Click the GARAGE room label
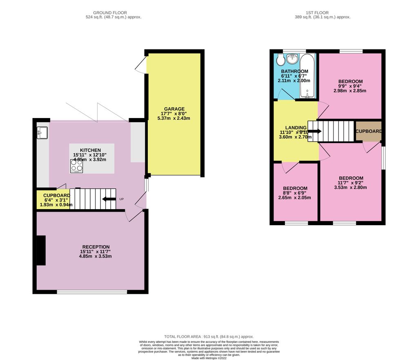[x=175, y=109]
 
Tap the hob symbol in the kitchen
[x=76, y=166]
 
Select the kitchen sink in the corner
[x=42, y=133]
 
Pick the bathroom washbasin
[x=292, y=60]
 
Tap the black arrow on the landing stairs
[x=315, y=131]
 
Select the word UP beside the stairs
[x=121, y=199]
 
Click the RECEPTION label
[x=96, y=247]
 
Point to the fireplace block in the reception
[x=41, y=250]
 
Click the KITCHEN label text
[x=90, y=150]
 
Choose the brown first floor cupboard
[x=369, y=131]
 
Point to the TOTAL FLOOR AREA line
[x=209, y=336]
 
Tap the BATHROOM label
[x=294, y=71]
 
